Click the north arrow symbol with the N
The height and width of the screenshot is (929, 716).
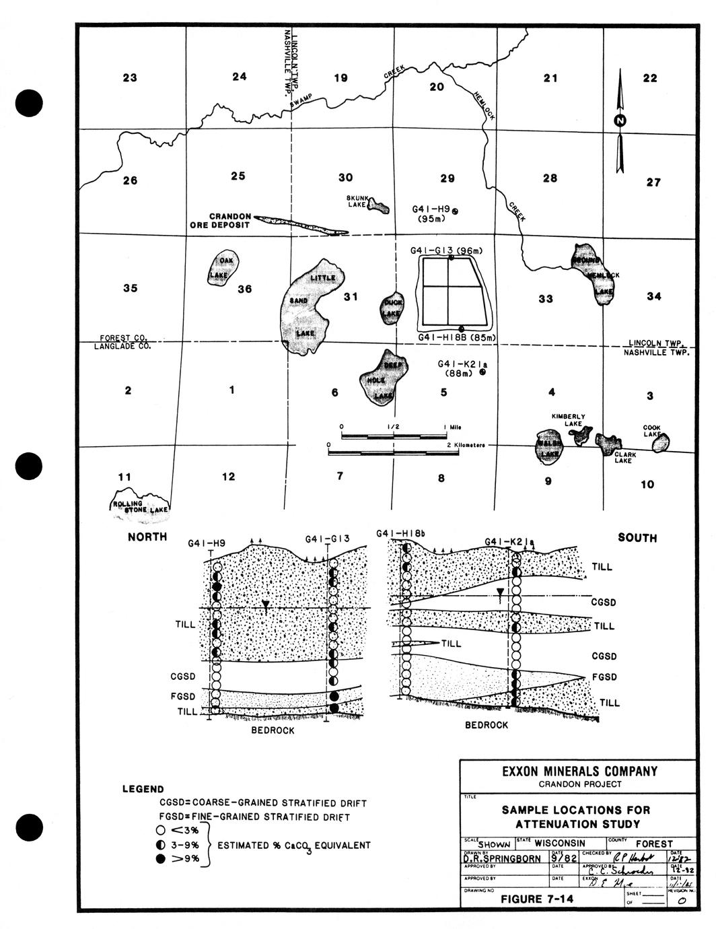click(619, 121)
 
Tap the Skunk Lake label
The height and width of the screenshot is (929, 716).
click(357, 201)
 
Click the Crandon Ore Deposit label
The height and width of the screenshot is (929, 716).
click(220, 221)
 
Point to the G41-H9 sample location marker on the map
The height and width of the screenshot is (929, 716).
click(456, 211)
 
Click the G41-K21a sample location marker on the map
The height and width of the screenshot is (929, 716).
click(482, 370)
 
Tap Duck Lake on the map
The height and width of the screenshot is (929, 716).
click(392, 308)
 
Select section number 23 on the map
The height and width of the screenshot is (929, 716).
click(130, 78)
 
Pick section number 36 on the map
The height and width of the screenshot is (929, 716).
click(245, 289)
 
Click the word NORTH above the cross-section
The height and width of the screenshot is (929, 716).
click(147, 537)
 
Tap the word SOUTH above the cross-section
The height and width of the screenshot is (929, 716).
click(637, 538)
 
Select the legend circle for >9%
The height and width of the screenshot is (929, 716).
click(160, 858)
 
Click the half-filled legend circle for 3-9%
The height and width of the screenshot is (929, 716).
click(160, 844)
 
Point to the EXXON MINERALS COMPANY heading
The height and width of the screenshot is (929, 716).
click(579, 771)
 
